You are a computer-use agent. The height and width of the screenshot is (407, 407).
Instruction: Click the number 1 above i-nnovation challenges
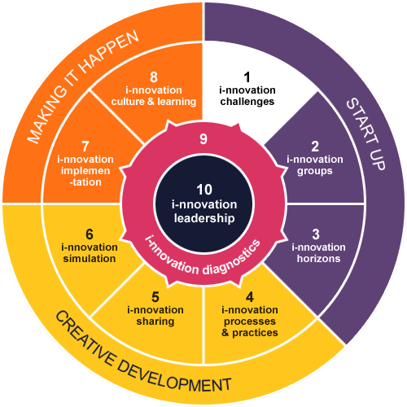[247, 77]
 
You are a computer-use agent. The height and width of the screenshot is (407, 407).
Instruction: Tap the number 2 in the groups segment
[315, 147]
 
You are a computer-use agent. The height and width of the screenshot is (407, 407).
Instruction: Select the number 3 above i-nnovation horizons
[316, 234]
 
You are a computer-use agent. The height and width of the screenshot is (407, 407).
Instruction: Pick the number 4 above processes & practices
[250, 297]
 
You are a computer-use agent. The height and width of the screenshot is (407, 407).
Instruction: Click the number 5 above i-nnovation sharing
[155, 297]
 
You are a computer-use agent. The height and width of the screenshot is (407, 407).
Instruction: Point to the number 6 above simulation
[90, 234]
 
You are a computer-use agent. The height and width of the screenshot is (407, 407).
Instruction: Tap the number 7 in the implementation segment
[85, 147]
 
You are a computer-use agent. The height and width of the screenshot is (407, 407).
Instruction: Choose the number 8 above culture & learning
[154, 77]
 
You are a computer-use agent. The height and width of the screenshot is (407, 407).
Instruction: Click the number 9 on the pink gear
[203, 139]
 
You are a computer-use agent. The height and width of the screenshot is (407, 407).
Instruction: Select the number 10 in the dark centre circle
[204, 190]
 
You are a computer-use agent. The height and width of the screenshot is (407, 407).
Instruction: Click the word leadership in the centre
[204, 218]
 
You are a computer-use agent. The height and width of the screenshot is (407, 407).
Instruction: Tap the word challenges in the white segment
[247, 102]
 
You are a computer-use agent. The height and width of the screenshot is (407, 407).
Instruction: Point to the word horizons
[318, 259]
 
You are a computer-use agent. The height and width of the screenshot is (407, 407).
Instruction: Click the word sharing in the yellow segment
[155, 322]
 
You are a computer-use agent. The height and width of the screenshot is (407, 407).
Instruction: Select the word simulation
[90, 259]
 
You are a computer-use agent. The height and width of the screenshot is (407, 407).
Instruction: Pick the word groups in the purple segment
[315, 172]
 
